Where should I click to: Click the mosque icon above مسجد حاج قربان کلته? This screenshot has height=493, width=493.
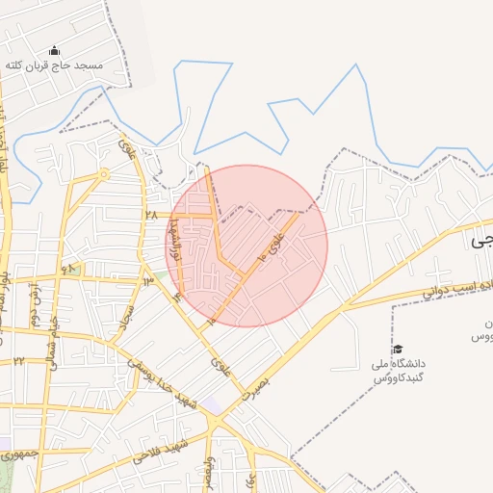54,50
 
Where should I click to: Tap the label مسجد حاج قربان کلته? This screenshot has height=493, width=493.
67,65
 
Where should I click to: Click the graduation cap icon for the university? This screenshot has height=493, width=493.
398,349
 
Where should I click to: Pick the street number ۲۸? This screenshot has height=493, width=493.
150,214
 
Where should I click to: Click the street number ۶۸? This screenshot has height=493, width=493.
68,269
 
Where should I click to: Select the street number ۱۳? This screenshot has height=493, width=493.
147,281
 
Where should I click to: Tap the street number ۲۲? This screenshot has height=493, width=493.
18,361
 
